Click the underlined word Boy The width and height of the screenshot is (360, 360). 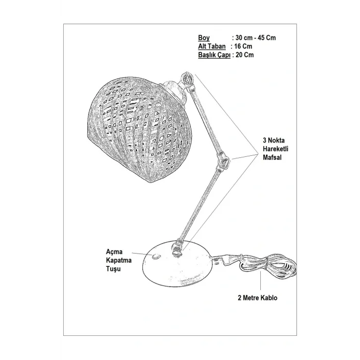pos(204,38)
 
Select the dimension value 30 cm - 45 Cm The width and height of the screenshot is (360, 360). pos(256,38)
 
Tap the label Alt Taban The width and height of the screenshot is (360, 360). pos(212,46)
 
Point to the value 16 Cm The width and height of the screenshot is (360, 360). pos(243,46)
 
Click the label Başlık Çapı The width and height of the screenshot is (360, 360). pos(214,55)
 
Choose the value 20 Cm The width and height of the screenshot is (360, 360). pos(244,55)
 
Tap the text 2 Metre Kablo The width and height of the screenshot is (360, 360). pos(257,298)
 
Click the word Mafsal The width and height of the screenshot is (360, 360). pos(272,157)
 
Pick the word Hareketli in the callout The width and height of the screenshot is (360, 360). pos(276,149)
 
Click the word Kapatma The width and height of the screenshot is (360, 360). pos(119,260)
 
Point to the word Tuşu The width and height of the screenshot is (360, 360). pos(113,269)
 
